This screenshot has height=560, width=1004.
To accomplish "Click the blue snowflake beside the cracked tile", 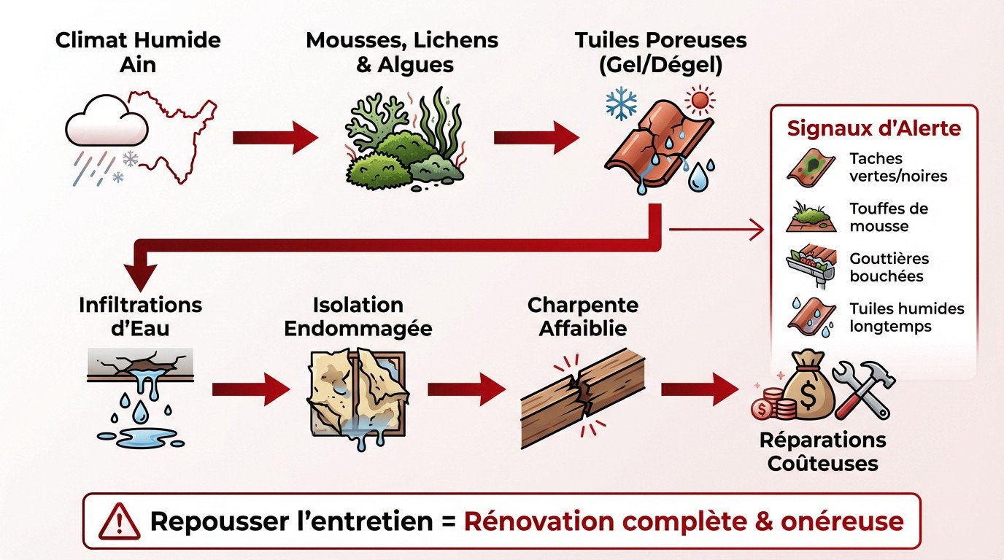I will [621, 105].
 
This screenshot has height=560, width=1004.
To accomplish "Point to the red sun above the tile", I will [699, 100].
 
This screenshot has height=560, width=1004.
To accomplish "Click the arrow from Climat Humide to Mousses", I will [275, 138].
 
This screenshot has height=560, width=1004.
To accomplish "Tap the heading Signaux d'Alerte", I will [873, 129].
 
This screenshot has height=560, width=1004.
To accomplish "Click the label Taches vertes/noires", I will [886, 167].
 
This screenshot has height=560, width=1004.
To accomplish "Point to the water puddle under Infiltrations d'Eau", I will [140, 437].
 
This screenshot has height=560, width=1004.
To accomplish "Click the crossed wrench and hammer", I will [864, 390].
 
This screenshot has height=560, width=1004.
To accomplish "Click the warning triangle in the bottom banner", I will [121, 521].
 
